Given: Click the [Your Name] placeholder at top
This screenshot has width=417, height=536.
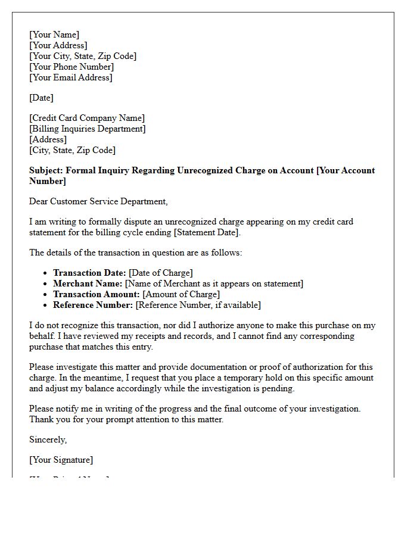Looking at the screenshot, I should pos(54,35).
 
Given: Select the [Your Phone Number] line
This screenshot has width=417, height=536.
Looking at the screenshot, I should pos(71,67).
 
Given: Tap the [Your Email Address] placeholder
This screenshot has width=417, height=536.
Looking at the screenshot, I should pos(71,77).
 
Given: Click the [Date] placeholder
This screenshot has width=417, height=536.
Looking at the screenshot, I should pos(41,98).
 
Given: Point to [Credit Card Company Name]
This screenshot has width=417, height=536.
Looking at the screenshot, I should pos(87,118).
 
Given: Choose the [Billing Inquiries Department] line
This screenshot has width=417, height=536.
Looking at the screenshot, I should pos(88,129).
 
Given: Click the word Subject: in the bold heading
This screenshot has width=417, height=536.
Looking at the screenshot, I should pos(46,170).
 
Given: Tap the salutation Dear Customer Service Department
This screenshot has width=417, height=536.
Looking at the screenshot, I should pos(98,201).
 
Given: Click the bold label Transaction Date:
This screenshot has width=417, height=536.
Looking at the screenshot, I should pos(89,273).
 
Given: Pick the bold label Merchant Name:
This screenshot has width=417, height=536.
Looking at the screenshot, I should pos(88,283).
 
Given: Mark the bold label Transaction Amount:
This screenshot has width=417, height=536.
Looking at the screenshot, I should pos(97,294).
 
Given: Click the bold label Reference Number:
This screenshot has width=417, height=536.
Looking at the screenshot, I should pos(93,305).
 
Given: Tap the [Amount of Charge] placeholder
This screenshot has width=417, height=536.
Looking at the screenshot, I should pos(182,294).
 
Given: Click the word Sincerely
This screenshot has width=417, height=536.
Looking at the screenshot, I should pos(48,440).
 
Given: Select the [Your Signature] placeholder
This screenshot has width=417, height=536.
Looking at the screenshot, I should pos(61,460).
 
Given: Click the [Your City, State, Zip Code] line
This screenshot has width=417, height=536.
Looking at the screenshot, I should pos(83,56).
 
